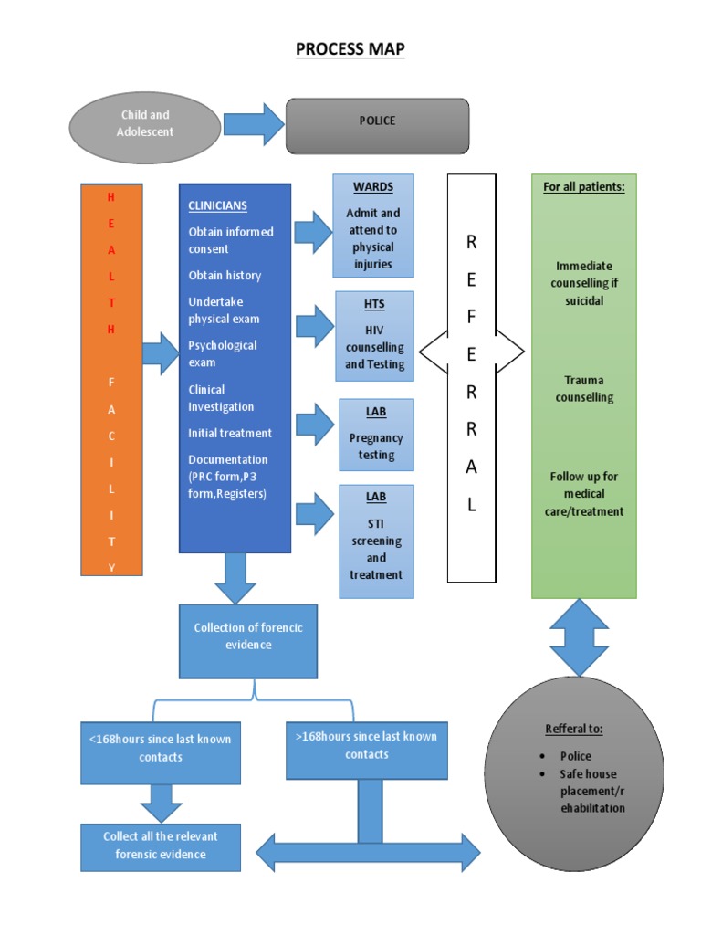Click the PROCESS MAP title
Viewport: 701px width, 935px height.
point(350,48)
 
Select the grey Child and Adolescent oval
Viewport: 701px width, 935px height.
point(145,124)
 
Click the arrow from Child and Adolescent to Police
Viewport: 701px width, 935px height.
point(254,124)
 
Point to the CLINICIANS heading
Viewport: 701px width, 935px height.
point(217,206)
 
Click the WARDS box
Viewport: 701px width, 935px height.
point(372,225)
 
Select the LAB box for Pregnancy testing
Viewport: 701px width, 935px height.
point(376,434)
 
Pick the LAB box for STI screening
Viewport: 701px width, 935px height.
point(376,541)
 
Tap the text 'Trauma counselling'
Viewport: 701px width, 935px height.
point(584,389)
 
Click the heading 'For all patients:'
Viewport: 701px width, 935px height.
point(583,187)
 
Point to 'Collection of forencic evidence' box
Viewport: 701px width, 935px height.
point(248,636)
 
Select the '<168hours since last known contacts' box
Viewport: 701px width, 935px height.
point(161,748)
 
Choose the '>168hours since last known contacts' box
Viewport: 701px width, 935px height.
point(367,745)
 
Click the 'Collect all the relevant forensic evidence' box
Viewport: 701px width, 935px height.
point(161,846)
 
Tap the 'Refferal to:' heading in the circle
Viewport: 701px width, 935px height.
point(574,729)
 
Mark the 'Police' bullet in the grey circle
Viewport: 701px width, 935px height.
point(575,756)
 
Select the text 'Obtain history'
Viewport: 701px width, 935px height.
point(225,276)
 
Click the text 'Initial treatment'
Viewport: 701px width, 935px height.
point(230,433)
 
